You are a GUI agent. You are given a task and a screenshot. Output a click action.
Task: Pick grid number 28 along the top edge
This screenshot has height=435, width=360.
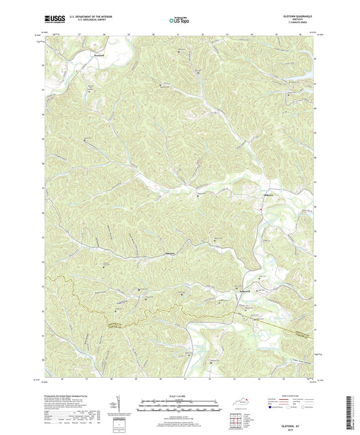104,33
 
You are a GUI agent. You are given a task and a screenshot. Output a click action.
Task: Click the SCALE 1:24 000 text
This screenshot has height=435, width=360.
180,396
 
